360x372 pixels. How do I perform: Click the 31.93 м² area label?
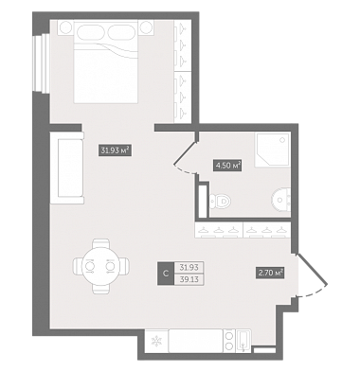pos(115,151)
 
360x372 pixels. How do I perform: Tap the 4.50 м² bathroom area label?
pos(227,166)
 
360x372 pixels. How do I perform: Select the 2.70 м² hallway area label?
pos(270,273)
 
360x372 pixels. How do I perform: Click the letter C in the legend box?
pos(166,274)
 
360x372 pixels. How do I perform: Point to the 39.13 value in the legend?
pos(189,279)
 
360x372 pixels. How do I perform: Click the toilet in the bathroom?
pos(220,201)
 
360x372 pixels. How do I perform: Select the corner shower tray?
pos(273,151)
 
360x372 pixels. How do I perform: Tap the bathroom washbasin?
pos(281,200)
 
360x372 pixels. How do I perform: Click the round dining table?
pos(101,266)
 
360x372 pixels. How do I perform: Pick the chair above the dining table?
pos(101,243)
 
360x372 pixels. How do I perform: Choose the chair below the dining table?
pos(101,289)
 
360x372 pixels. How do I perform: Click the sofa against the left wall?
pos(67,168)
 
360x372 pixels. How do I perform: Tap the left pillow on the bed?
pos(90,32)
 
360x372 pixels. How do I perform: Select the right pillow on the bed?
pos(121,32)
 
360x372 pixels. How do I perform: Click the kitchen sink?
pos(243,341)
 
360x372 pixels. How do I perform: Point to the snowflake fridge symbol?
pos(156,341)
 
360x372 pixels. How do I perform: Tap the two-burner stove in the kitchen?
pos(229,341)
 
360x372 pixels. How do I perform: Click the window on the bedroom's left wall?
pos(42,63)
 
